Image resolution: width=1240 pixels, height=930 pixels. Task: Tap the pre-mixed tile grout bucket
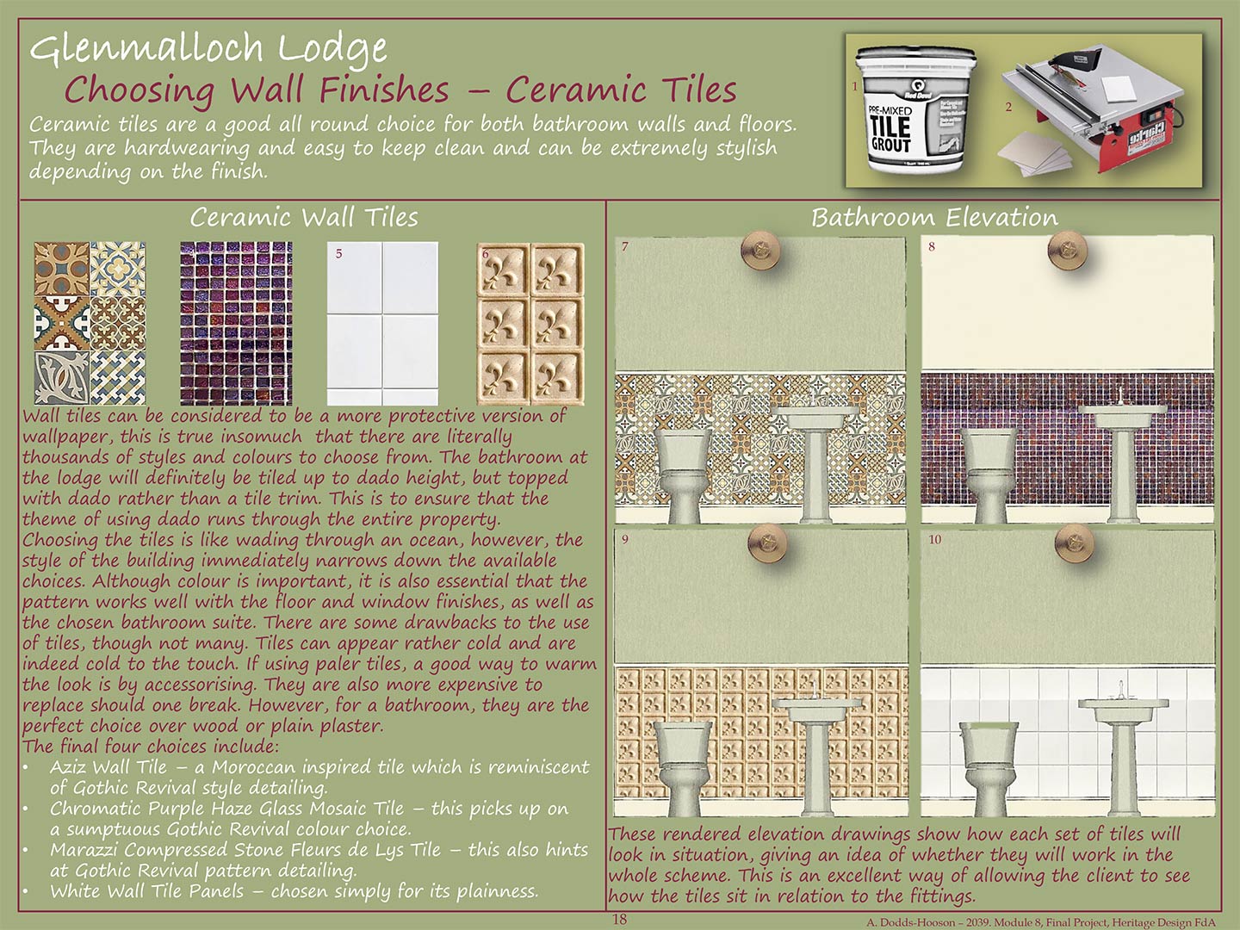[x=915, y=110]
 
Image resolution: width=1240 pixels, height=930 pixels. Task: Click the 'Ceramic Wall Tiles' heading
[x=304, y=217]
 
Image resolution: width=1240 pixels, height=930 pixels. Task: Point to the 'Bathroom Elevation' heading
[x=934, y=217]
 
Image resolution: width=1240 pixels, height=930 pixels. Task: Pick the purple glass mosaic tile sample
[x=236, y=324]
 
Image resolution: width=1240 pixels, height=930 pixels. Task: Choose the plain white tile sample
[x=382, y=324]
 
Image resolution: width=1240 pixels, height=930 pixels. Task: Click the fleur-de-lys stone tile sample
[x=530, y=324]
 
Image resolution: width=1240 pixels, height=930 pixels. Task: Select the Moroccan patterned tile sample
[x=90, y=324]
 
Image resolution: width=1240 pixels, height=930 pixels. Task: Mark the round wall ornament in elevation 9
[x=766, y=542]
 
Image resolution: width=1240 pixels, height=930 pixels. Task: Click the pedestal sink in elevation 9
[x=816, y=753]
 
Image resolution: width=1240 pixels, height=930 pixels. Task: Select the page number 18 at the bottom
[x=620, y=920]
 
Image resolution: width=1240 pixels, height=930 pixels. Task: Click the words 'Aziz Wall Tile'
[x=108, y=766]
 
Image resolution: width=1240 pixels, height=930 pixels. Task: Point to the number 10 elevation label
[x=935, y=539]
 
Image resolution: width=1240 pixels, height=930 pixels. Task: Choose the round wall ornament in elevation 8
[x=1067, y=249]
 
